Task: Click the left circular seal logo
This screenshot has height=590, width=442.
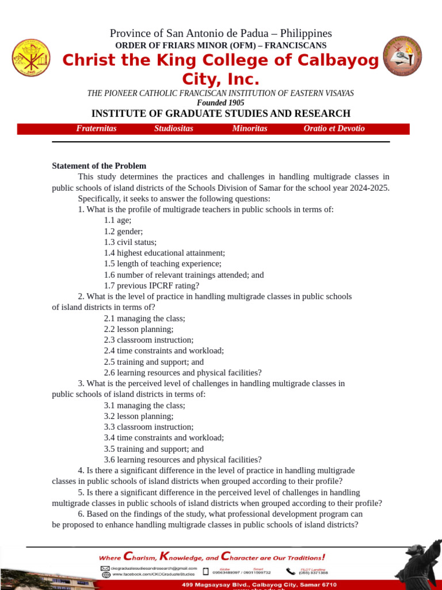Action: click(31, 57)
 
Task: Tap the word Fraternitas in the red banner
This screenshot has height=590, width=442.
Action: click(96, 128)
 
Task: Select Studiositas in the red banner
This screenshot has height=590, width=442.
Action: click(174, 128)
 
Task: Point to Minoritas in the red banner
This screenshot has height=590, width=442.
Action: click(250, 128)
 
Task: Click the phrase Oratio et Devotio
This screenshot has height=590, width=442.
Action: click(334, 128)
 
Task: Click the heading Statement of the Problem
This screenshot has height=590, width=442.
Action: click(99, 166)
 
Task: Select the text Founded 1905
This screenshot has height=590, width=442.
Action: click(220, 103)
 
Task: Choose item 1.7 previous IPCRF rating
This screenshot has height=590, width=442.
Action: click(151, 286)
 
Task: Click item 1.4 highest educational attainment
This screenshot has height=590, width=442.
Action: click(165, 253)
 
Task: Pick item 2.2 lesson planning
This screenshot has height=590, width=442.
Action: click(138, 329)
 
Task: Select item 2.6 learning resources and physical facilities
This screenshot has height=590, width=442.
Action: click(182, 373)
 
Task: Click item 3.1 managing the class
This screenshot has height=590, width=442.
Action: click(144, 406)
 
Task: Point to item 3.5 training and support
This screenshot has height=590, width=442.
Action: click(154, 449)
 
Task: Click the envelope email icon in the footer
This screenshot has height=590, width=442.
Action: click(106, 568)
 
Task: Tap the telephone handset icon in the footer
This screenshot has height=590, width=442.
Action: click(291, 571)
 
